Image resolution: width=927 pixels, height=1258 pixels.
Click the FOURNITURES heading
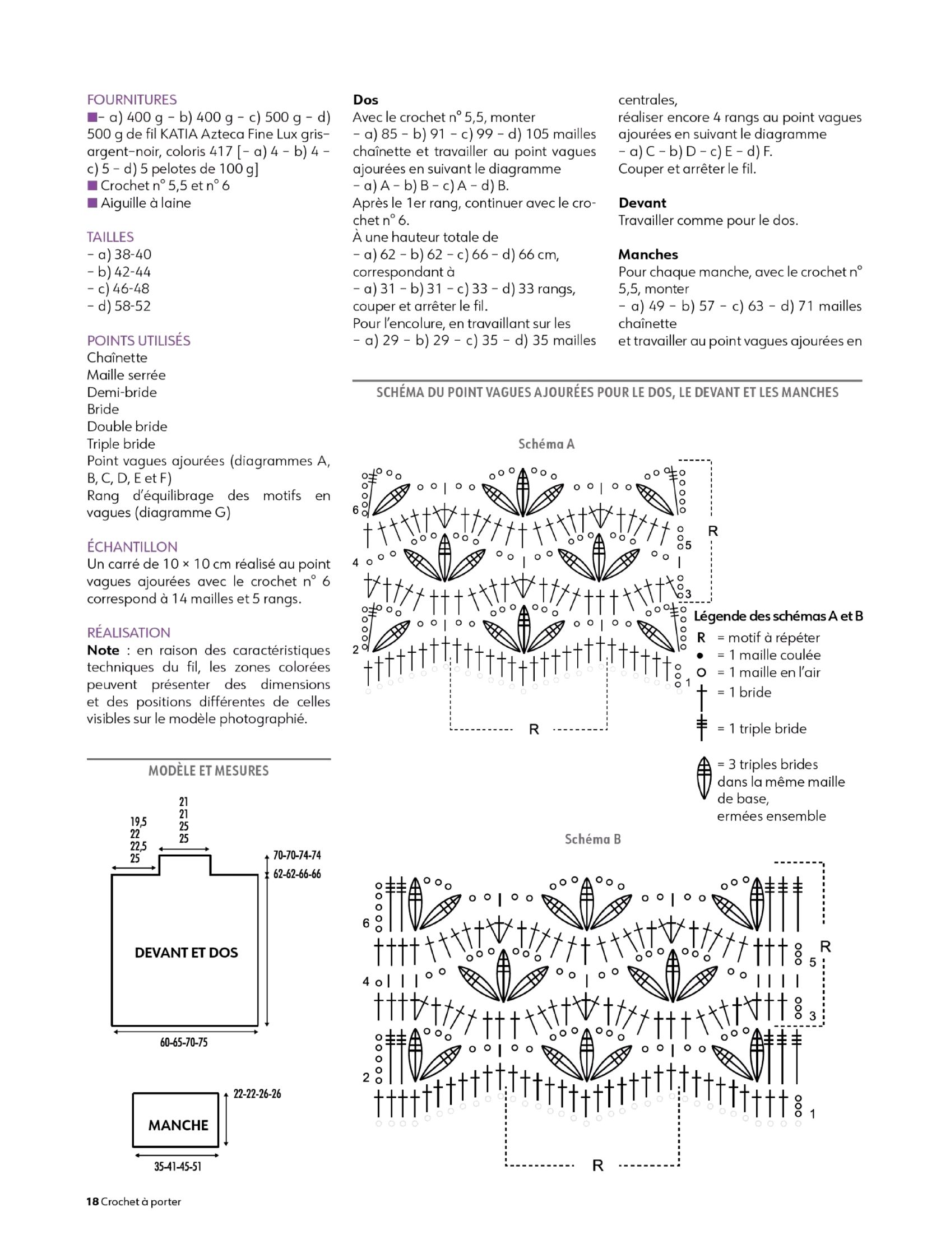click(131, 100)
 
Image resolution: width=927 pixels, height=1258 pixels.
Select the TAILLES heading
click(110, 237)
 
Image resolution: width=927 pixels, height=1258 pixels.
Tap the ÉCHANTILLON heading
click(132, 546)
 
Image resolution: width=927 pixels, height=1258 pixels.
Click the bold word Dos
click(365, 100)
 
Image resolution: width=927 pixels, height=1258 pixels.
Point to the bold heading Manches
click(647, 254)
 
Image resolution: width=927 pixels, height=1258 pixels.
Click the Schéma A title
click(546, 444)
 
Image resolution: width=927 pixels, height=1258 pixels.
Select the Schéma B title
click(592, 839)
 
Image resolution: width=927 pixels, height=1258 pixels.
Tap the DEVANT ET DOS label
click(186, 952)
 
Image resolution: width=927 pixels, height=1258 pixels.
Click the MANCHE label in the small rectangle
click(178, 1125)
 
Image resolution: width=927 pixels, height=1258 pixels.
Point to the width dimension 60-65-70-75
click(183, 1042)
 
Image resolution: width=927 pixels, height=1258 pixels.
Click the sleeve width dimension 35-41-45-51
click(177, 1167)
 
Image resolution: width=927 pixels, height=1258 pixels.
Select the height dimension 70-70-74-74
click(297, 855)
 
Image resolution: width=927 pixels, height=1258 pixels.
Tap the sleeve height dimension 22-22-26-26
click(257, 1094)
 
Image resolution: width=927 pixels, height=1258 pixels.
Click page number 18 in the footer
click(92, 1201)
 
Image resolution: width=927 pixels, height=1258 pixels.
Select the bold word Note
click(103, 650)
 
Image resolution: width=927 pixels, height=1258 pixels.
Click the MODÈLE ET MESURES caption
click(208, 770)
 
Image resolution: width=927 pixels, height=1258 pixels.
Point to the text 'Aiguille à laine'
click(145, 202)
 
